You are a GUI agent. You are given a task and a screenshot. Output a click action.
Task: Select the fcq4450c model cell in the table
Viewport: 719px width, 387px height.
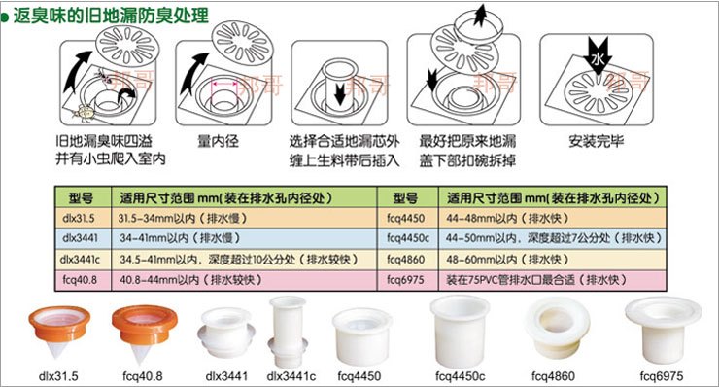pyautogui.click(x=408, y=238)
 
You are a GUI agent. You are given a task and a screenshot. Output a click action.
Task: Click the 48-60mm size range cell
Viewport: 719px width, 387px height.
pyautogui.click(x=552, y=260)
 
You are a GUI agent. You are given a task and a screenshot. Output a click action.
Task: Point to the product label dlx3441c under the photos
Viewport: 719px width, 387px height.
pyautogui.click(x=291, y=376)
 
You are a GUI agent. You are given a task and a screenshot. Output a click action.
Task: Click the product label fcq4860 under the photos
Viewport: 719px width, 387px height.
pyautogui.click(x=553, y=376)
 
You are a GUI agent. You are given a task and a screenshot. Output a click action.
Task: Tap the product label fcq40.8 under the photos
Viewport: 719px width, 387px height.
pyautogui.click(x=143, y=376)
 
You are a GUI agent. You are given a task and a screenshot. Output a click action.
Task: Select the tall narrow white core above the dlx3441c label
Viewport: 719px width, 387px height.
pyautogui.click(x=288, y=332)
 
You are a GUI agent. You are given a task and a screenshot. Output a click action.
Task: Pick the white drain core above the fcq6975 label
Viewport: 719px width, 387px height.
pyautogui.click(x=663, y=330)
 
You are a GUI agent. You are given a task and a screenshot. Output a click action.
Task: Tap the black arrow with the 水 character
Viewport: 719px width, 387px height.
pyautogui.click(x=598, y=55)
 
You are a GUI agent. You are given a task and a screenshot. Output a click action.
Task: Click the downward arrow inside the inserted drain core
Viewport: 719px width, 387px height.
pyautogui.click(x=340, y=94)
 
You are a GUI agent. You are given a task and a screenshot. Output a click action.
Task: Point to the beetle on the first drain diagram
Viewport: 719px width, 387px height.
pyautogui.click(x=86, y=113)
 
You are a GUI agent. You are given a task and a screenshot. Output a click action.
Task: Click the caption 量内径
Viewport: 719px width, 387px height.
pyautogui.click(x=218, y=141)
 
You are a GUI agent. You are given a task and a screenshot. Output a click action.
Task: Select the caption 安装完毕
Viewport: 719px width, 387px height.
pyautogui.click(x=597, y=141)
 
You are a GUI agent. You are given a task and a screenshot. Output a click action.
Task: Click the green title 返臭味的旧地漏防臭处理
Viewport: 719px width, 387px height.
pyautogui.click(x=111, y=16)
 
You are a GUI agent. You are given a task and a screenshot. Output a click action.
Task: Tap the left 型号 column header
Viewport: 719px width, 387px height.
pyautogui.click(x=82, y=197)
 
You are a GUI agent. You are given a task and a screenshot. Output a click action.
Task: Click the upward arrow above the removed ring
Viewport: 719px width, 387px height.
pyautogui.click(x=480, y=16)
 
